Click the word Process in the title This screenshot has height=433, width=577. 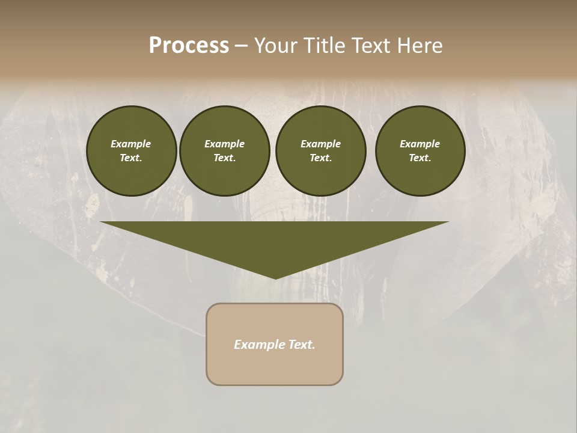pos(189,46)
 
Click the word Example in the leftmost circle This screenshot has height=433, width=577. pos(131,144)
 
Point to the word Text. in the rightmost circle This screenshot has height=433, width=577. pos(420,158)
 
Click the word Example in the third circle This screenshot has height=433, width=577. pos(320,144)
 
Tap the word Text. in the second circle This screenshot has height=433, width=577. pos(224,158)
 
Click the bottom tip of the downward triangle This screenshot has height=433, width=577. pos(275,277)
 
